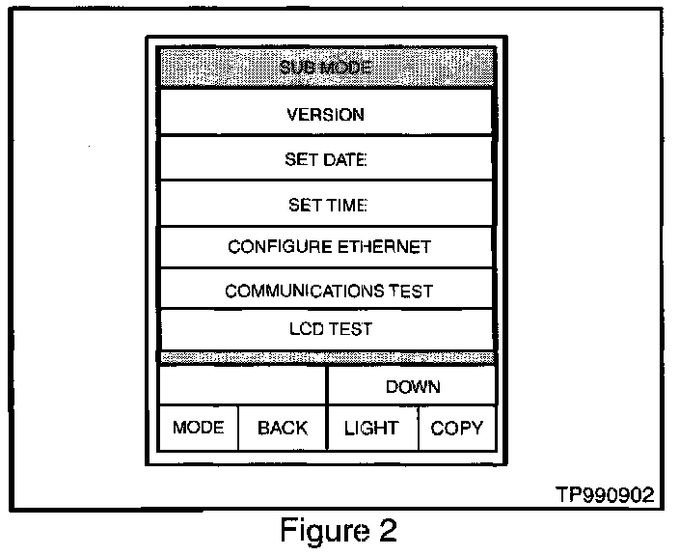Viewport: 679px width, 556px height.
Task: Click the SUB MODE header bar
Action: pos(326,68)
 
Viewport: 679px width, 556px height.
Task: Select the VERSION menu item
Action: pos(326,114)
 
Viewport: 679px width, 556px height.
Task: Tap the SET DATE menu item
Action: pos(326,159)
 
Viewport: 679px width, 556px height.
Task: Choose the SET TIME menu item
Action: pos(326,205)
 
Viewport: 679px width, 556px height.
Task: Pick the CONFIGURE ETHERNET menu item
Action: pos(326,247)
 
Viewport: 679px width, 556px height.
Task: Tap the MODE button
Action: pos(198,428)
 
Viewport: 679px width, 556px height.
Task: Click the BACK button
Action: pos(282,428)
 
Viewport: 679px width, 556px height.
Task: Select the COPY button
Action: pos(457,428)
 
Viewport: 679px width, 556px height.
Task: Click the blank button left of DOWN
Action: pos(242,386)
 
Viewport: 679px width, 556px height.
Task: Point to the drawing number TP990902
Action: pos(606,494)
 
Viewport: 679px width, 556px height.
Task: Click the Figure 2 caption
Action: pos(338,530)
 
